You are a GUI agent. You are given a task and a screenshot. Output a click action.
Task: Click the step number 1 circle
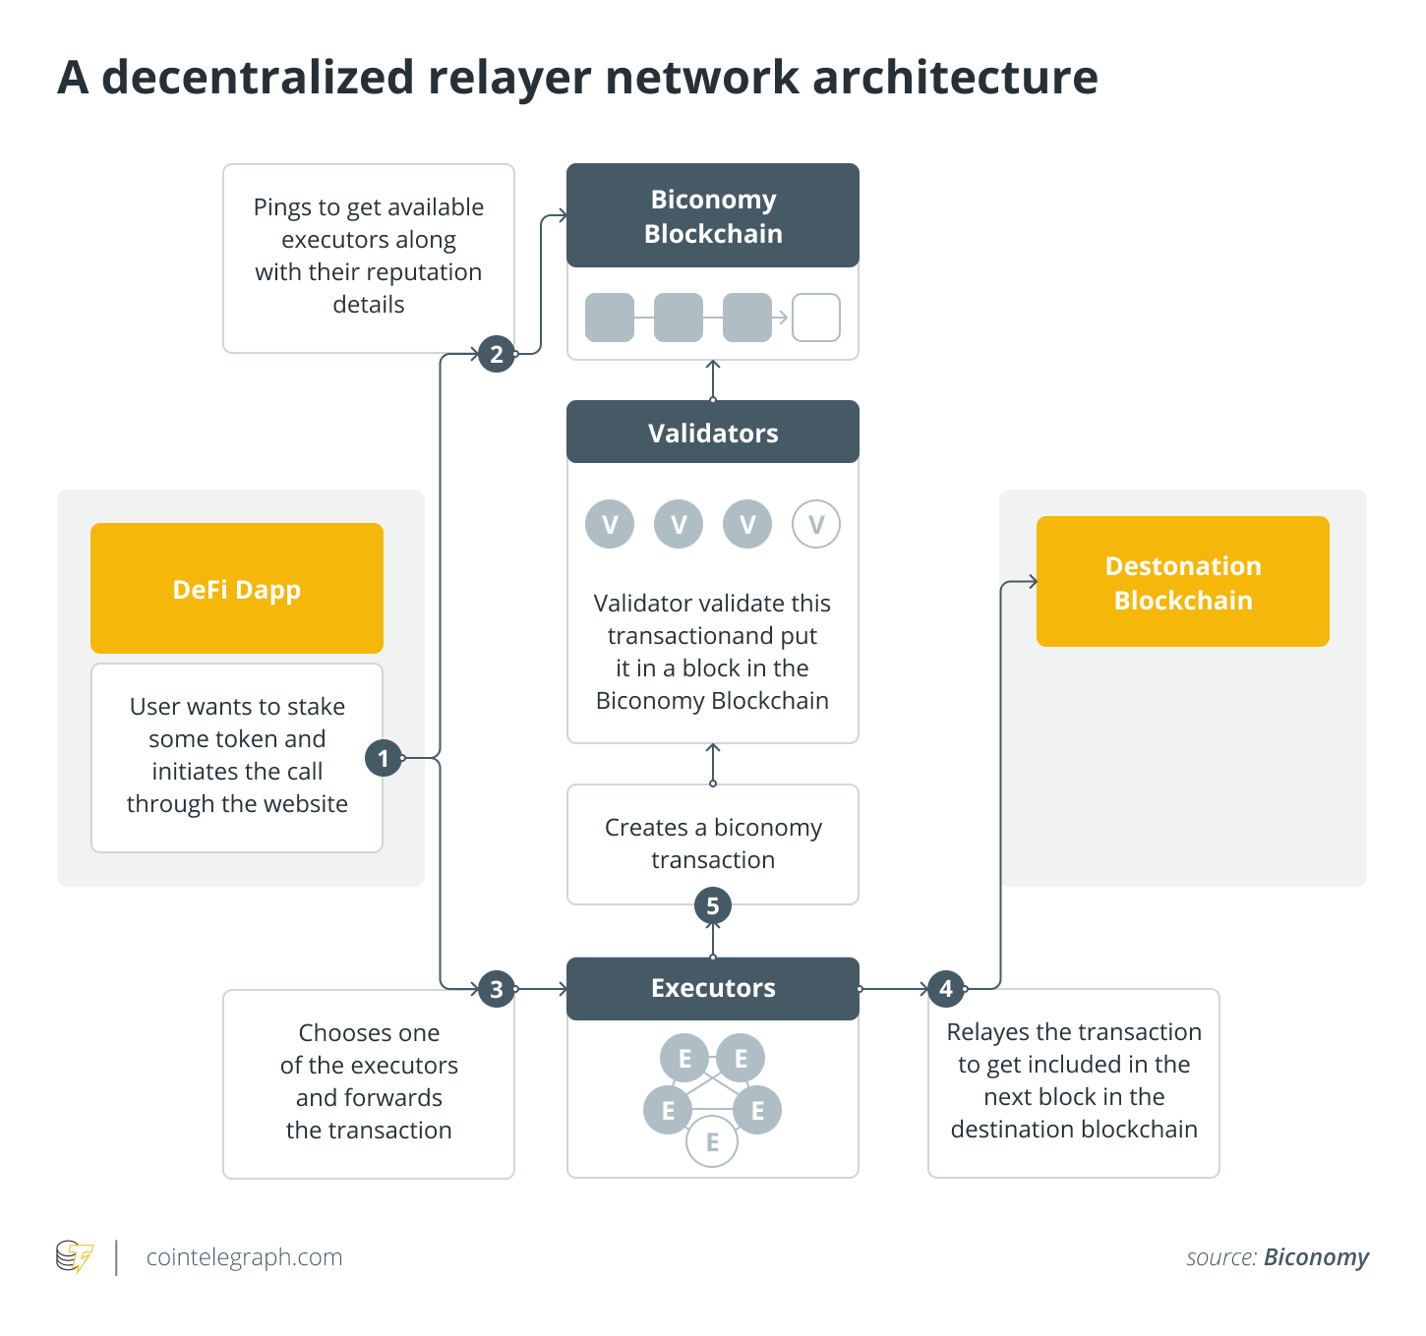pos(384,758)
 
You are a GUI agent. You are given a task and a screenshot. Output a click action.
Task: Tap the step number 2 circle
pos(497,354)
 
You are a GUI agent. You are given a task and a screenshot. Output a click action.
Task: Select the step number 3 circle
pos(497,989)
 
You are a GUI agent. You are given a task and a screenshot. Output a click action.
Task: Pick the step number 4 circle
pos(946,988)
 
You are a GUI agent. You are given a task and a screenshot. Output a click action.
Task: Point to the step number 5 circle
pos(713,905)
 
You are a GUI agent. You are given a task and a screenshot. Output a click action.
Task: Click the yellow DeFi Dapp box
pos(237,589)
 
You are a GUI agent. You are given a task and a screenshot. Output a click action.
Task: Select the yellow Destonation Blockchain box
pos(1183,582)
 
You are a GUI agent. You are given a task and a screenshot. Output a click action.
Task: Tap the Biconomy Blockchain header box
pos(713,216)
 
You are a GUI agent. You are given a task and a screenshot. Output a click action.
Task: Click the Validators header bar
pos(713,433)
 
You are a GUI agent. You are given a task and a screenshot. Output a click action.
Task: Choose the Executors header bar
pos(713,988)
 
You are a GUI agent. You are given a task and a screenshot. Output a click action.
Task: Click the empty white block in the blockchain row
pos(816,318)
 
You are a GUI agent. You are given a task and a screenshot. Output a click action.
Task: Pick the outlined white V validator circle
pos(816,525)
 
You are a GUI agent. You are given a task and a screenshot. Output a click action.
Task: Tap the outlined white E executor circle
pos(712,1142)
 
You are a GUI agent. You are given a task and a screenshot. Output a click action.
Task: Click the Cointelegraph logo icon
pos(75,1257)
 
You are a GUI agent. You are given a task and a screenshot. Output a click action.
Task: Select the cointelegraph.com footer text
pos(244,1257)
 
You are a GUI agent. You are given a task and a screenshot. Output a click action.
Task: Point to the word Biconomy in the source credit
pos(1316,1257)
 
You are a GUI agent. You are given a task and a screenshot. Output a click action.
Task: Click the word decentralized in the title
pos(258,77)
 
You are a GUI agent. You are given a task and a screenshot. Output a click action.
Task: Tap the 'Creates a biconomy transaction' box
pos(713,843)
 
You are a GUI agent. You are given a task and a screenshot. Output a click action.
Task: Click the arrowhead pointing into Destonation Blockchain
pos(1032,582)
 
